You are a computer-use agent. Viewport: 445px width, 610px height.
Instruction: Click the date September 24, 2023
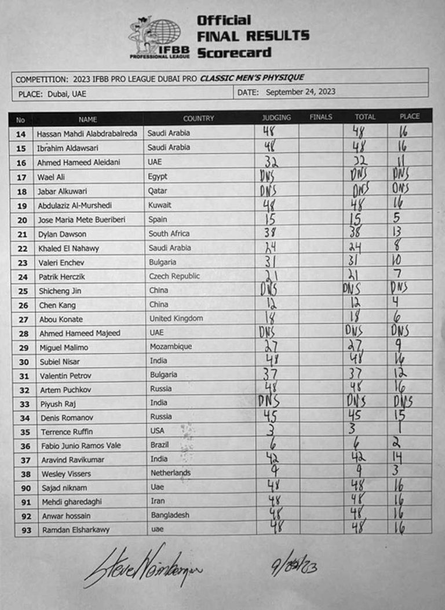tap(300, 92)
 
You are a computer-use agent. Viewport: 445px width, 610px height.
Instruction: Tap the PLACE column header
tap(410, 117)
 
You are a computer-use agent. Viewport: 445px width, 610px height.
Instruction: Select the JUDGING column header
tap(276, 118)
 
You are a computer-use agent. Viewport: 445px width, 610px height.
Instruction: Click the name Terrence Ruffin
tap(67, 431)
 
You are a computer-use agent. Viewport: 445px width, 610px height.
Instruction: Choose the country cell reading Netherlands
tap(170, 473)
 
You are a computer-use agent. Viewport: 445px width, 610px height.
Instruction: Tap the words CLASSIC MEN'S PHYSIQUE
tap(252, 78)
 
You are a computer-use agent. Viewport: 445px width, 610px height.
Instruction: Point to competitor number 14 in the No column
tap(21, 134)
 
